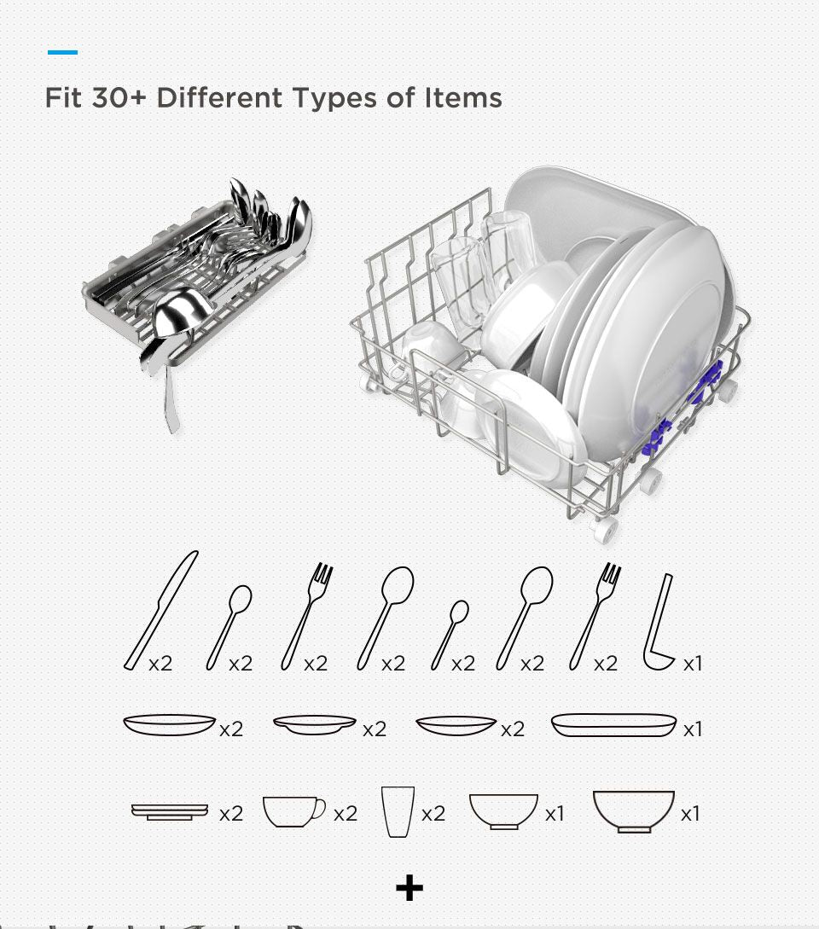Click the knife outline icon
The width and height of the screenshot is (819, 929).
point(160,610)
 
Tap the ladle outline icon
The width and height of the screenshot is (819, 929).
point(659,624)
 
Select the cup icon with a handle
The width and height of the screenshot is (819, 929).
point(293,811)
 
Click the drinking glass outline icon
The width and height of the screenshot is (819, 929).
point(398,811)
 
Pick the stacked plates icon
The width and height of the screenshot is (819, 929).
point(170,811)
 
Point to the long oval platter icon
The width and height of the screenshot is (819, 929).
point(613,725)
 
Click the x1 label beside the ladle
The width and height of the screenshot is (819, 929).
point(693,664)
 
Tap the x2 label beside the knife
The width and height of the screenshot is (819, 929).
point(160,664)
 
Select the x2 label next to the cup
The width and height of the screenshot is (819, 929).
point(346,814)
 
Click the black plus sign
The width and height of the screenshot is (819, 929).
point(409,888)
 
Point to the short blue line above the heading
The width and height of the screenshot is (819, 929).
point(62,53)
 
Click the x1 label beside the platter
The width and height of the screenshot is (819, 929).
point(693,729)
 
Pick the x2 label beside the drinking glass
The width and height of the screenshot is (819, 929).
point(433,814)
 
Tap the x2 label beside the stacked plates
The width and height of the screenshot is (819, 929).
point(230,814)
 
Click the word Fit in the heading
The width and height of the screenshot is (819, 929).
point(63,98)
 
